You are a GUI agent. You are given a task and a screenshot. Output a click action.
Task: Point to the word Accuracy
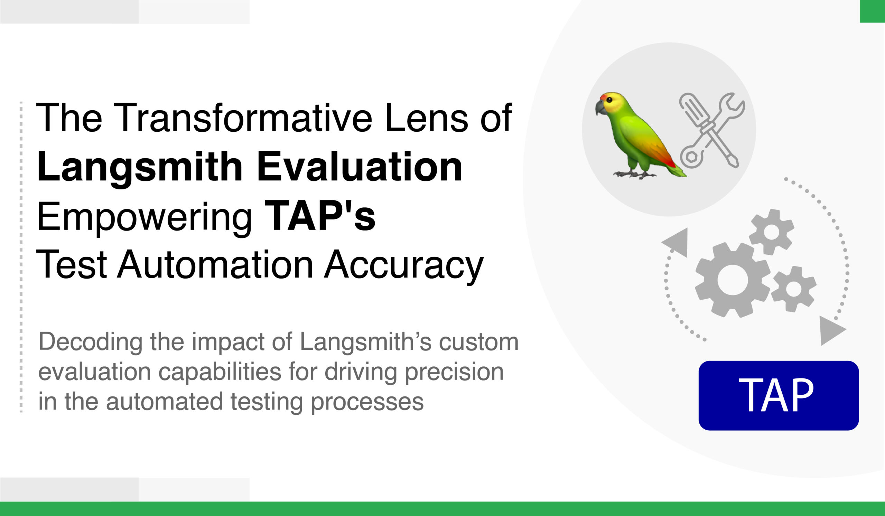coord(403,265)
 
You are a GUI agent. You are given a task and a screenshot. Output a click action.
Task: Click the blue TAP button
coord(779,396)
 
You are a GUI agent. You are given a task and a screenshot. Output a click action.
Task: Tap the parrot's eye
coord(609,100)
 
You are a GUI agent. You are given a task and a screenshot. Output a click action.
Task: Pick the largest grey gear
coord(733,280)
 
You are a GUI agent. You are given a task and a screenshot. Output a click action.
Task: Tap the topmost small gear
coord(772,232)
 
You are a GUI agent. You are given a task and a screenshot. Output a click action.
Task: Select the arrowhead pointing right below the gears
coord(832,330)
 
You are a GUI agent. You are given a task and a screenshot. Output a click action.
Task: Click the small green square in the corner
coord(872,11)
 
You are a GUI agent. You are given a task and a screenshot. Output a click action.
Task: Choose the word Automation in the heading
coord(215,265)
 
